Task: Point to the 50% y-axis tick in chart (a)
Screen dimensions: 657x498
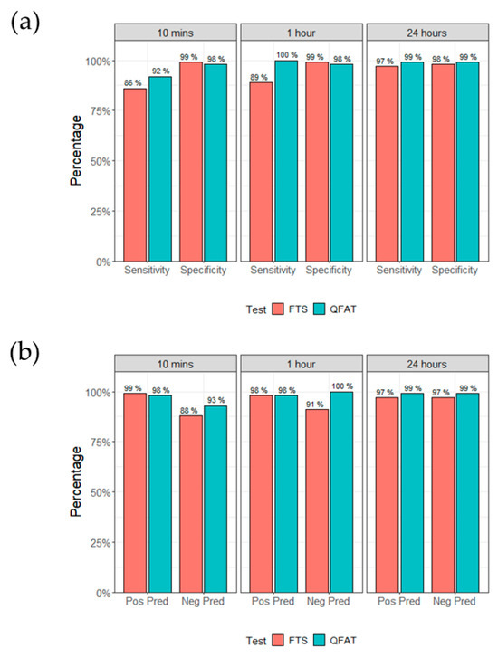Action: click(98, 161)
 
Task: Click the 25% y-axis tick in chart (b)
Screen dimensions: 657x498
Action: click(98, 543)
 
